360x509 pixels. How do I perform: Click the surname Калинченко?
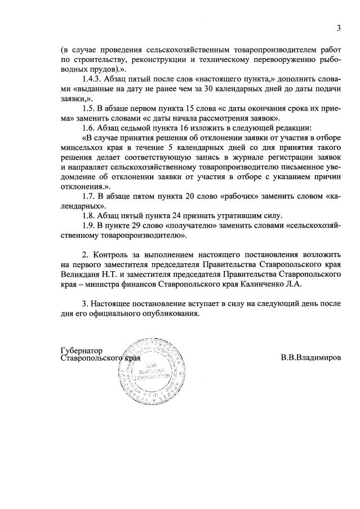[x=261, y=284]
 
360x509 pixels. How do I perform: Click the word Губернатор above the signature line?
[x=82, y=350]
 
